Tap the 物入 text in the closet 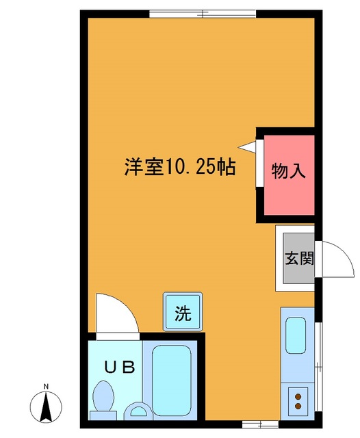coord(288,170)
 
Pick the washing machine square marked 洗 coord(181,313)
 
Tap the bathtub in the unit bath coord(173,380)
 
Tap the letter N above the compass coord(46,387)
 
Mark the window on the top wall coord(203,12)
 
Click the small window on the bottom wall coord(256,424)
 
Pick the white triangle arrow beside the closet coord(246,145)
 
